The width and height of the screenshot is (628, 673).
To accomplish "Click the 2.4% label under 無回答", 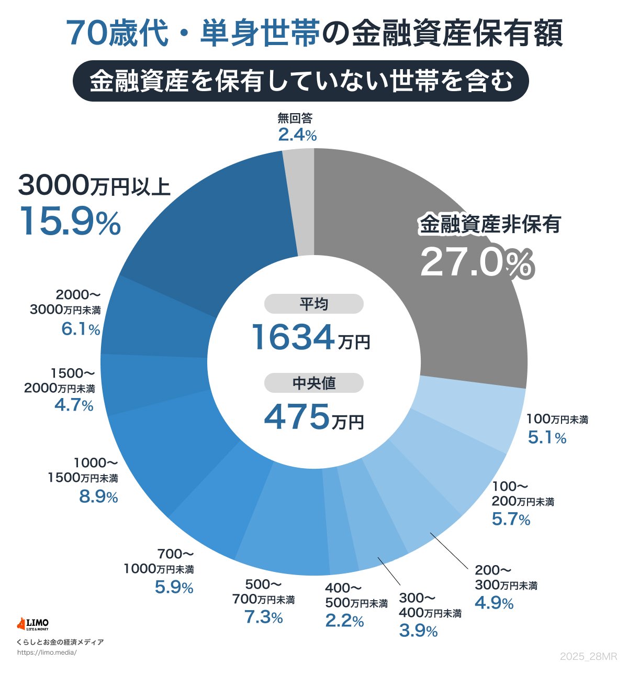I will click(x=297, y=135).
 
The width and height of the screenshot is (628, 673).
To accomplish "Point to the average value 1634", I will click(x=293, y=337).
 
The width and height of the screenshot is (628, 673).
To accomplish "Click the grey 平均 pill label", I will click(x=313, y=304).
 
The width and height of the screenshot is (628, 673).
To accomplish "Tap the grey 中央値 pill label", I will click(x=313, y=383).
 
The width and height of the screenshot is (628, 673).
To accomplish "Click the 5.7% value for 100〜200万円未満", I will click(x=511, y=519).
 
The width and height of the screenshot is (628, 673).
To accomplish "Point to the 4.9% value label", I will click(x=494, y=603).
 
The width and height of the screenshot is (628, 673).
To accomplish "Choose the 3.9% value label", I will click(x=418, y=631).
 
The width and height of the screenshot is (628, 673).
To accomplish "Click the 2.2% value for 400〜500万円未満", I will click(x=344, y=621).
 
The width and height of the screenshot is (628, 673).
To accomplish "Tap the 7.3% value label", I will click(x=264, y=617).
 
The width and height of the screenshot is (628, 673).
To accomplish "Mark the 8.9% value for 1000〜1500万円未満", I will click(x=98, y=497).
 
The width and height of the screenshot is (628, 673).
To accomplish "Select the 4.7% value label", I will click(x=74, y=405).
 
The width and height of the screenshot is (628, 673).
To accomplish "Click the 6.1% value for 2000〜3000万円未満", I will click(x=81, y=329).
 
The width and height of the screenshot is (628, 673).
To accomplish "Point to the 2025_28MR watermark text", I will click(x=588, y=657).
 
